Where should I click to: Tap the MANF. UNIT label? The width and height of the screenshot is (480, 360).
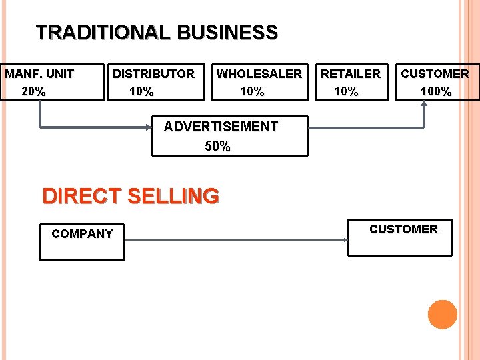coord(39,73)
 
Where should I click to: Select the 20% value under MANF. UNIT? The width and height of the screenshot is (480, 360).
coord(34,91)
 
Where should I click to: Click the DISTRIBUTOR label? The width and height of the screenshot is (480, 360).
coord(153,73)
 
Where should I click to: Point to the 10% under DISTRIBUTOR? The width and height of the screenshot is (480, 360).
coord(141,91)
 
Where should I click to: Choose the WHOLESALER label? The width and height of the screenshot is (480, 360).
coord(259,73)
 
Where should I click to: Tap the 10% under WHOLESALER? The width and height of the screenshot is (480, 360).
coord(252,91)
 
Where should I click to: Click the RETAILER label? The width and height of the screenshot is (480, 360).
coord(351,73)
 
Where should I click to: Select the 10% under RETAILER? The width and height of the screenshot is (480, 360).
coord(346,91)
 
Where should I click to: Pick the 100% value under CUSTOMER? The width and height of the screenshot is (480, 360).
coord(437,91)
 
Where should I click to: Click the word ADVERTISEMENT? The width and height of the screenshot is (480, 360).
coord(221,127)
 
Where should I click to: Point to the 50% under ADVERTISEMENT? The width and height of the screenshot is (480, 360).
coord(217,146)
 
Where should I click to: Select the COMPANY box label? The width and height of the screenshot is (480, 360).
coord(82,234)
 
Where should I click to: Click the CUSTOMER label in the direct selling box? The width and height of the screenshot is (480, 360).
coord(403,229)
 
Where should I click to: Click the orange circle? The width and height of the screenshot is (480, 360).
coord(442,314)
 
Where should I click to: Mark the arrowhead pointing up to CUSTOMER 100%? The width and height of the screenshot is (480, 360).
coord(424,104)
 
